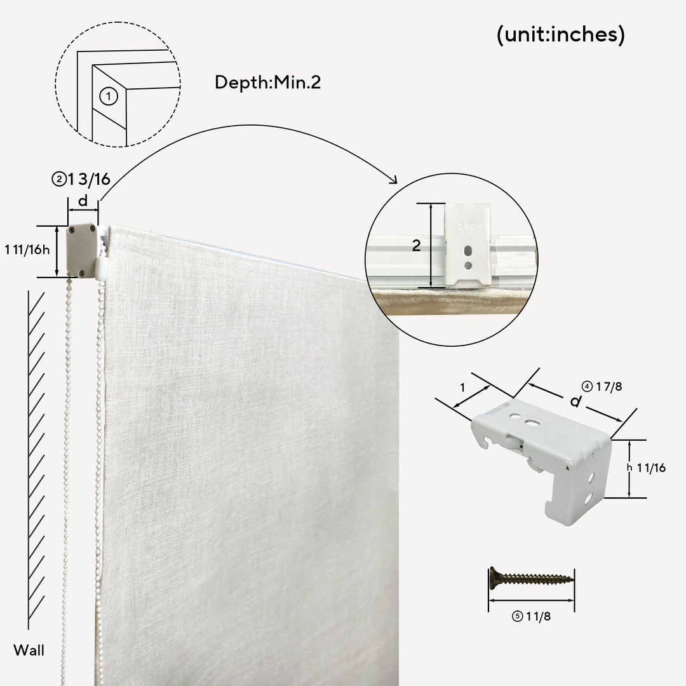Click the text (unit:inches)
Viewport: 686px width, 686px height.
coord(560,34)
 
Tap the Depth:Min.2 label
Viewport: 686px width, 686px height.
coord(268,82)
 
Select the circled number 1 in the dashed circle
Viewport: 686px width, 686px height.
coord(109,97)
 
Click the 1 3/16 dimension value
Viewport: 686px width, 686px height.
coord(89,179)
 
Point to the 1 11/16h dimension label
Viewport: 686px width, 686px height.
coord(27,250)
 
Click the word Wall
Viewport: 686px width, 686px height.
coord(29,650)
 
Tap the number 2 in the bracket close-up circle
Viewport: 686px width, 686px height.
coord(417,245)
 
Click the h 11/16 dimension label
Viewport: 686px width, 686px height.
coord(646,467)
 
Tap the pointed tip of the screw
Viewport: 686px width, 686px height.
coord(573,579)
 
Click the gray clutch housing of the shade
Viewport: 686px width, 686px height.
coord(82,250)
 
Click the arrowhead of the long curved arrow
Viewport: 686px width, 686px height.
coord(394,180)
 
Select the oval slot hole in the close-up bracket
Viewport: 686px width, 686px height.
coord(467,251)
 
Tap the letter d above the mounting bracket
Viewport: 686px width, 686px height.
coord(575,401)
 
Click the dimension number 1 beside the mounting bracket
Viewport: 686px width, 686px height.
coord(462,387)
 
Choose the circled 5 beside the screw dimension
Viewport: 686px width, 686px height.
coord(518,616)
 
